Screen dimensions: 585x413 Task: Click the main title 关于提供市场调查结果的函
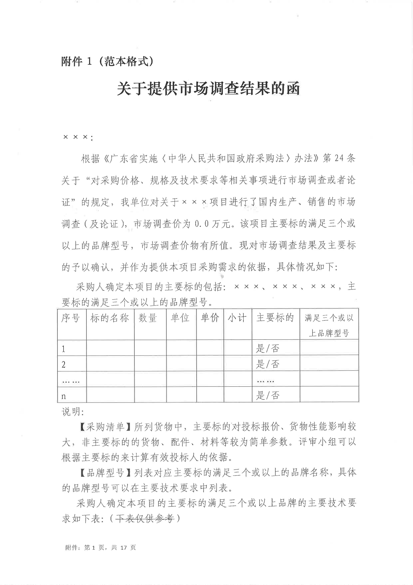pyautogui.click(x=208, y=89)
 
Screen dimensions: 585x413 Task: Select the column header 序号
pyautogui.click(x=70, y=318)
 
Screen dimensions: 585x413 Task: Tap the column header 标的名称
pyautogui.click(x=110, y=318)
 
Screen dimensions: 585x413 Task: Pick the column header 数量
pyautogui.click(x=148, y=318)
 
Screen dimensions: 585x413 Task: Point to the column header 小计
pyautogui.click(x=237, y=318)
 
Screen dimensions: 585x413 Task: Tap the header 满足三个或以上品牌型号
pyautogui.click(x=329, y=325)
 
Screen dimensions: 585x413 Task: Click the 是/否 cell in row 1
pyautogui.click(x=268, y=348)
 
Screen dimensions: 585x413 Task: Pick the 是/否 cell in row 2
pyautogui.click(x=268, y=364)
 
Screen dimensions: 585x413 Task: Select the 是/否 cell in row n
pyautogui.click(x=268, y=395)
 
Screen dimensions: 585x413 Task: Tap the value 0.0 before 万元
pyautogui.click(x=202, y=224)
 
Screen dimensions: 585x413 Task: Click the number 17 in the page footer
pyautogui.click(x=123, y=547)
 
